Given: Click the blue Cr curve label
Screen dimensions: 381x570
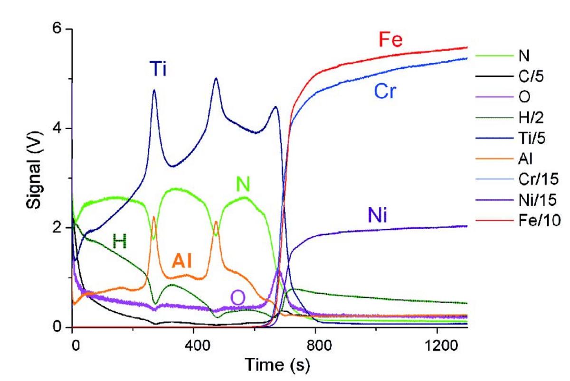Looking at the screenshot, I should coord(384,92).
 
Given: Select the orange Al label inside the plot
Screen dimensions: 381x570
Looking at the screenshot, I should coord(185,261).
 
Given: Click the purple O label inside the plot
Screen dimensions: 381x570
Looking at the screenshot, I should coord(238,298).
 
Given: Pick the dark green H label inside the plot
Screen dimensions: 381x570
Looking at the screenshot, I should coord(120,242).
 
